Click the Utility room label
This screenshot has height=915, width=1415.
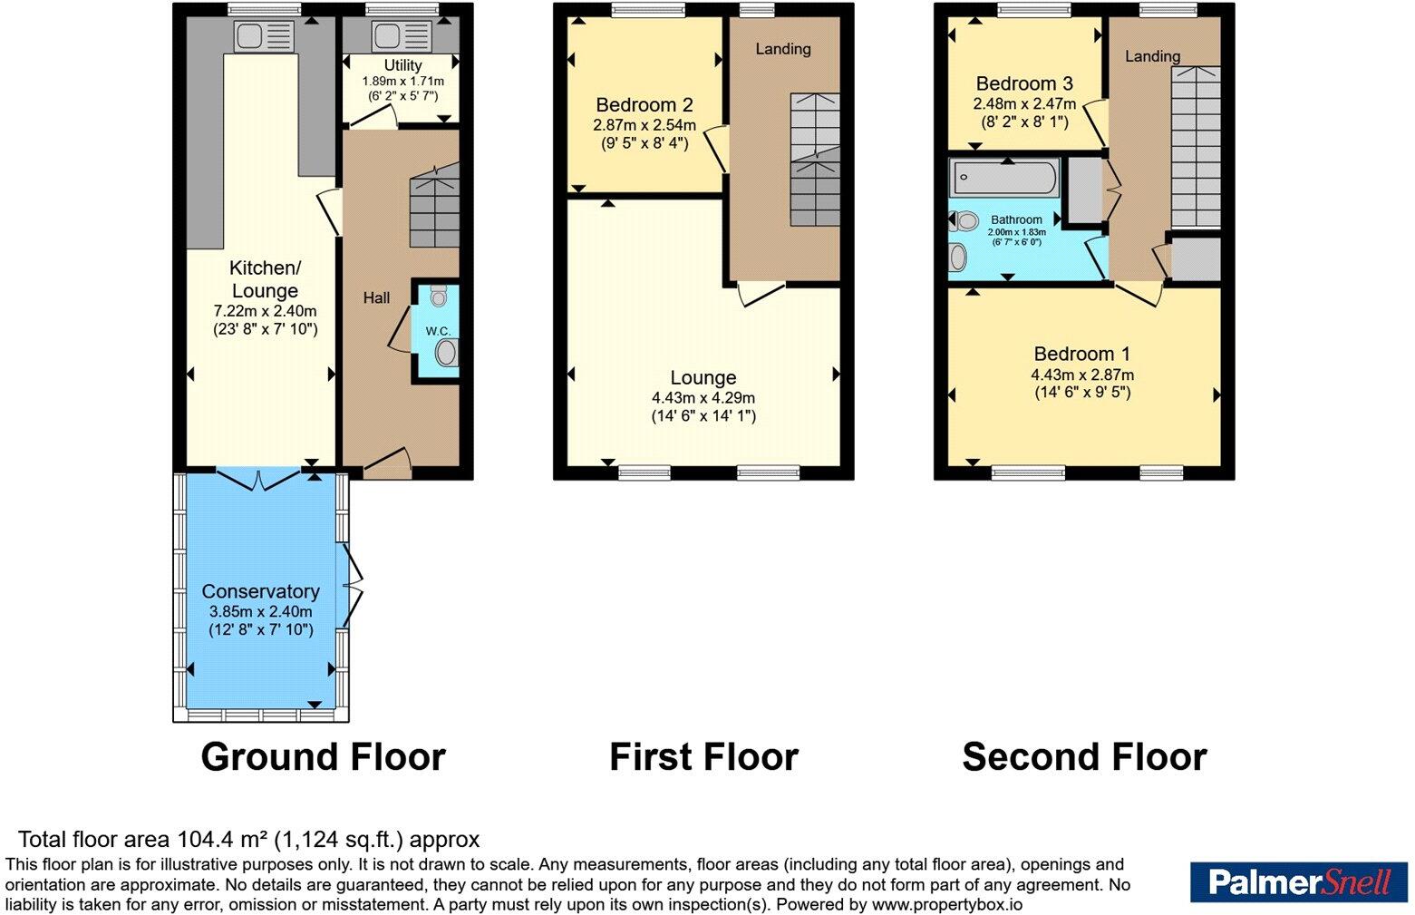(x=403, y=65)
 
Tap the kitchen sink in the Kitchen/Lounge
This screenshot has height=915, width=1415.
(x=264, y=35)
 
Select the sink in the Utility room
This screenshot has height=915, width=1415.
(x=402, y=35)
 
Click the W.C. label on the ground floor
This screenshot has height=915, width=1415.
(x=438, y=331)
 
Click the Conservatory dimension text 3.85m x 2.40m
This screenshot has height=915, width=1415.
(x=260, y=611)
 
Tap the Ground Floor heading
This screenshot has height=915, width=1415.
(x=324, y=756)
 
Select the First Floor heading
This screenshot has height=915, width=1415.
(x=703, y=756)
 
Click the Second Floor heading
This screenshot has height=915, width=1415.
(x=1085, y=756)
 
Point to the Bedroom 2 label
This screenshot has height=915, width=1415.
(x=645, y=104)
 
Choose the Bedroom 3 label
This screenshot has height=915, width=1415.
(x=1024, y=83)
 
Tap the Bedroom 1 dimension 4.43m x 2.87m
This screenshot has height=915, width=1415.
(x=1082, y=375)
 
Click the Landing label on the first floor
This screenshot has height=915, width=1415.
(x=783, y=49)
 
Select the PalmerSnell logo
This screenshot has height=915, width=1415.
(x=1299, y=881)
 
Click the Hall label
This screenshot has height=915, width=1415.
(x=376, y=297)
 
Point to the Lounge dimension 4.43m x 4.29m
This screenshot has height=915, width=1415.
(x=703, y=397)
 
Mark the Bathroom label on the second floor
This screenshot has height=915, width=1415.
(x=1016, y=219)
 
